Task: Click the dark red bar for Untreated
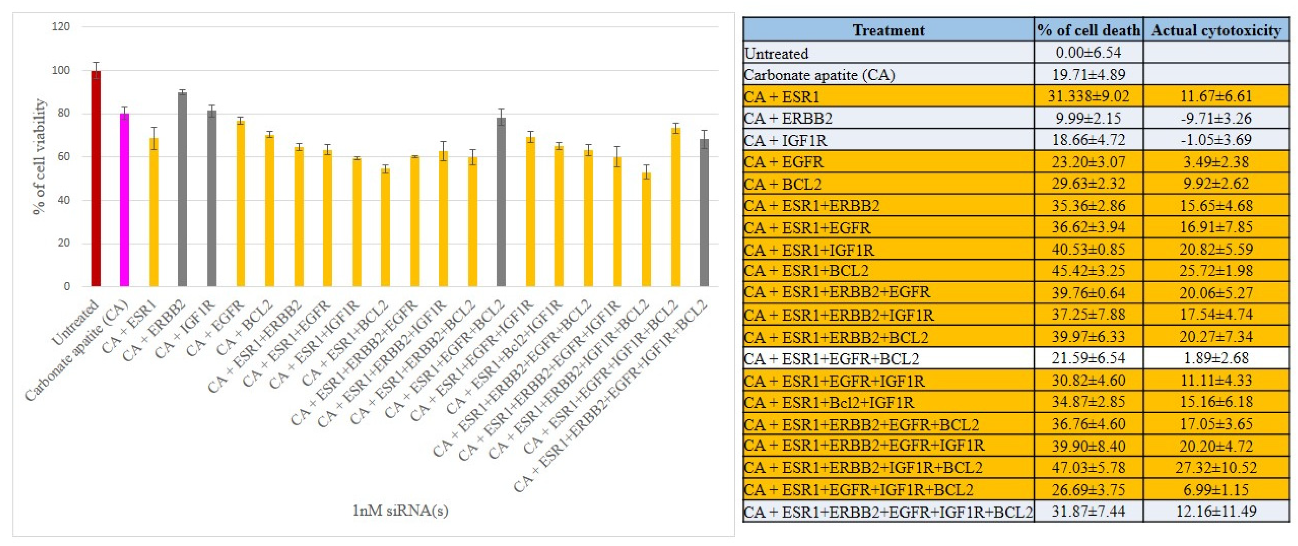click(96, 179)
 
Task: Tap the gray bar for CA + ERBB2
click(183, 189)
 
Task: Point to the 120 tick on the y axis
click(61, 27)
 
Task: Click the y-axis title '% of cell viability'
click(39, 157)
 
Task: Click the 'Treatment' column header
click(889, 30)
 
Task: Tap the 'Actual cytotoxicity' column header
click(1216, 30)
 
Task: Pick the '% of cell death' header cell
click(1088, 30)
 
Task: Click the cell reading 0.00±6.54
click(1088, 52)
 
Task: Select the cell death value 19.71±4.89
click(1088, 75)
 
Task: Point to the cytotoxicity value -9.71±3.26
click(1216, 118)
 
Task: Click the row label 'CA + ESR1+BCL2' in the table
click(806, 271)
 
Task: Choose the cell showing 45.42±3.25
click(1088, 271)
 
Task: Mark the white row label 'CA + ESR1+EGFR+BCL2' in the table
click(831, 358)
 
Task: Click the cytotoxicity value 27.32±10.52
click(1216, 467)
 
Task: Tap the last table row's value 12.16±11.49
click(1216, 511)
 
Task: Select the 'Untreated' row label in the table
click(776, 53)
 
